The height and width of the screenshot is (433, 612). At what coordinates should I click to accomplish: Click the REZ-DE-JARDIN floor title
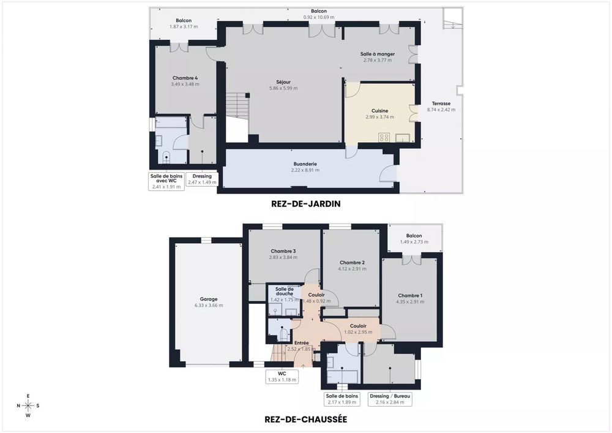tap(305, 203)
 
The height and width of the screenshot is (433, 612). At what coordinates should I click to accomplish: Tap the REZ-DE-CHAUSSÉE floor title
tap(305, 420)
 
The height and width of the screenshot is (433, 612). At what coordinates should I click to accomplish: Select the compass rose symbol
tap(28, 405)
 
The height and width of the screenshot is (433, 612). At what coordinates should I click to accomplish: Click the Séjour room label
tap(283, 82)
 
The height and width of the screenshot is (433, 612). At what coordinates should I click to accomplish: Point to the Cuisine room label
tap(379, 111)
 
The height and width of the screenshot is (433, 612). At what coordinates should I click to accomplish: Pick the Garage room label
tap(209, 299)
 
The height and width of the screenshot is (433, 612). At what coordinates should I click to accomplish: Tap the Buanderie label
tap(305, 164)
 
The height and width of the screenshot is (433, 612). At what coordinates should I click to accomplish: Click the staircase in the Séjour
tap(238, 108)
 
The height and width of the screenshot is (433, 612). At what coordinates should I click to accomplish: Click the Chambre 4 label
tap(185, 78)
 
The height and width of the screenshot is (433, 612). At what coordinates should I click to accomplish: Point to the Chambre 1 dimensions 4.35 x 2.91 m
tap(409, 302)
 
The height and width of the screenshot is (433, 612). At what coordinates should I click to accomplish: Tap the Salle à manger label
tap(378, 54)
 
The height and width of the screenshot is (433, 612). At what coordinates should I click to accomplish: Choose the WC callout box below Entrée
tap(282, 376)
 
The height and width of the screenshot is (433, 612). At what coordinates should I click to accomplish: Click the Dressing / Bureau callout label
tap(390, 399)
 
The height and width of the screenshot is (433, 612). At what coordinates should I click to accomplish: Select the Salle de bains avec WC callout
tap(167, 181)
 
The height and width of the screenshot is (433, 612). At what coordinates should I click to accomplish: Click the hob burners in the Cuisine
tap(384, 137)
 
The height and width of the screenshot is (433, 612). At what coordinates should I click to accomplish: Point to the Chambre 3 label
tap(283, 251)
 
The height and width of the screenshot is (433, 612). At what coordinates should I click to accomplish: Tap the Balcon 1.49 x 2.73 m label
tap(414, 239)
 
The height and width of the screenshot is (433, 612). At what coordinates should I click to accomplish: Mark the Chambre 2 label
tap(352, 263)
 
